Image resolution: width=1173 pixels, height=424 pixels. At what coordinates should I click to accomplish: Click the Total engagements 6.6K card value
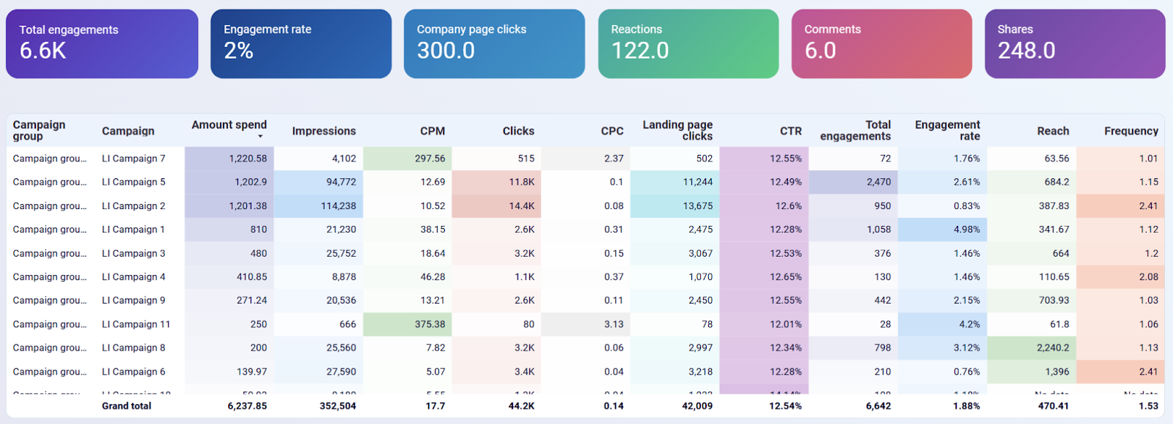click(43, 51)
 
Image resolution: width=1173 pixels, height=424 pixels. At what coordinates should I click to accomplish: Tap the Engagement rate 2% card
click(301, 44)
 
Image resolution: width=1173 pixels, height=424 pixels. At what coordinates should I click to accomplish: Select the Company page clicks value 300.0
click(446, 51)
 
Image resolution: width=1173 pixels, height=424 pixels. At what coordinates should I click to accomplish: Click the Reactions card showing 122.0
click(688, 44)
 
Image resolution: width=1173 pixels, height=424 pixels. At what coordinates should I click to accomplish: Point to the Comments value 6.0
click(820, 51)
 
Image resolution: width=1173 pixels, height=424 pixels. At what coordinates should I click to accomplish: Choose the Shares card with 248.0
click(1074, 44)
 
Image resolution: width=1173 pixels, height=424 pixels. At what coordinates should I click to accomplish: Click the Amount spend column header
click(229, 125)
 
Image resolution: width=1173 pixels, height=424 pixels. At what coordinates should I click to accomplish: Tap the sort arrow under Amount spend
click(260, 136)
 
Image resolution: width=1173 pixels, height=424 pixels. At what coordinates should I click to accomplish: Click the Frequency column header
click(1130, 131)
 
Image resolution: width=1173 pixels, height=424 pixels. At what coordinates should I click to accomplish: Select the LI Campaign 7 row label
click(133, 158)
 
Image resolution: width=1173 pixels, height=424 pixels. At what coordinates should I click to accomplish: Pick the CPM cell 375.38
click(430, 324)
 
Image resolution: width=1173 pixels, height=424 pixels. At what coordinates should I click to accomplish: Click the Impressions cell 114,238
click(338, 206)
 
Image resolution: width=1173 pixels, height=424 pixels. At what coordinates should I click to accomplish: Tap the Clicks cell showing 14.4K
click(521, 206)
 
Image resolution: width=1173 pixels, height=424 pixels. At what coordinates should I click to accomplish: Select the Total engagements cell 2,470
click(878, 182)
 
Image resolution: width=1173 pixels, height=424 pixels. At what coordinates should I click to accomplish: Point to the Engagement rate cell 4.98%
click(966, 230)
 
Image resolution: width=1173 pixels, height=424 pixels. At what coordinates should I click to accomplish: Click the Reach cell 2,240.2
click(1052, 348)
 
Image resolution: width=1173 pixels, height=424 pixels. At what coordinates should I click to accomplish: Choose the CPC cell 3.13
click(614, 324)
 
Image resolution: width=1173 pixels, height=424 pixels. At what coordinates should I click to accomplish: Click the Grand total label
click(126, 406)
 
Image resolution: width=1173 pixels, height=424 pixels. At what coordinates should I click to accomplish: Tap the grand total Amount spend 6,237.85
click(247, 406)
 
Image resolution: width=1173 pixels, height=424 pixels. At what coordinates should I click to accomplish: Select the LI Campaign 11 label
click(136, 324)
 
